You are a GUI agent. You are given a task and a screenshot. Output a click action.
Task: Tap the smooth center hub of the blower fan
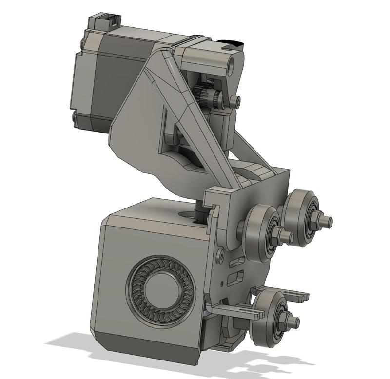coord(160,287)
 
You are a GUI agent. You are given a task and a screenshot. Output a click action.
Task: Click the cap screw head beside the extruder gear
coord(237,101)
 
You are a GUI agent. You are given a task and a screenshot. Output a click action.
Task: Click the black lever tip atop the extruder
coord(232,44)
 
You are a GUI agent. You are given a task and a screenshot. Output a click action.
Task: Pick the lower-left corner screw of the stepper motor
coord(74,117)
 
